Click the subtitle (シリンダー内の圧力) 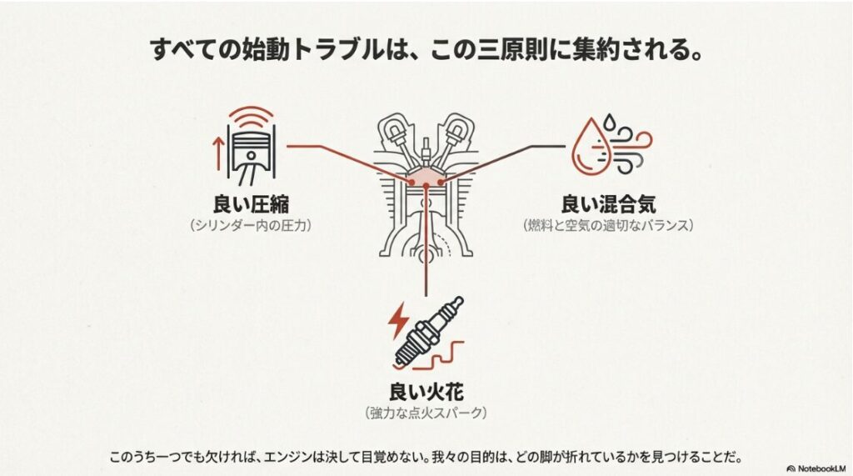pos(251,225)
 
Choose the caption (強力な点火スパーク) pos(426,413)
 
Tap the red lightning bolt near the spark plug pos(399,318)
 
